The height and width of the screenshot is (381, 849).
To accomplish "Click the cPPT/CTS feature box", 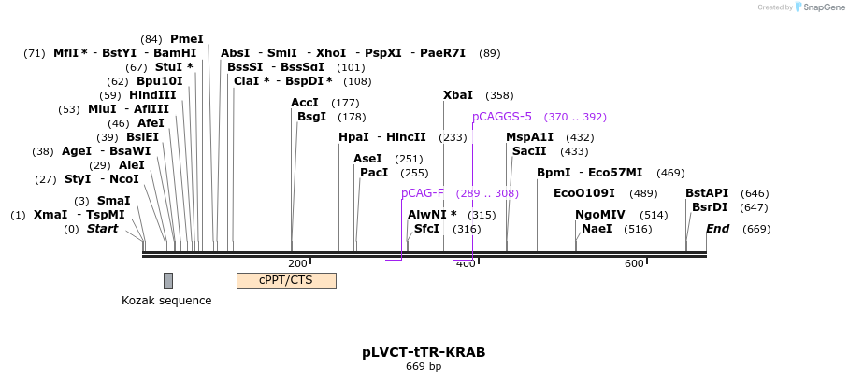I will coord(286,280).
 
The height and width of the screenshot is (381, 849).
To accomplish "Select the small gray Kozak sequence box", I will coord(168,280).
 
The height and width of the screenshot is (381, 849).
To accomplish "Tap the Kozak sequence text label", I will coord(166,301).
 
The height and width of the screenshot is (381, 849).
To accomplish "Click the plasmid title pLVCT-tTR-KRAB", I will coord(424,353).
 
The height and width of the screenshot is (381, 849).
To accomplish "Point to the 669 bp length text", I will coord(424,367).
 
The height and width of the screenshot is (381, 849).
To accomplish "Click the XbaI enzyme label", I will coord(458,95).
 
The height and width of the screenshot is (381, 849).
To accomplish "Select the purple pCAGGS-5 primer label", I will coord(502,117).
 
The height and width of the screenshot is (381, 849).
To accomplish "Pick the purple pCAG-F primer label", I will coord(423,193).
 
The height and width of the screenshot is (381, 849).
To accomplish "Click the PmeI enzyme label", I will coord(187,39).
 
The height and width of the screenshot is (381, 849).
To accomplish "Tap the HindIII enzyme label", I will coord(152,95).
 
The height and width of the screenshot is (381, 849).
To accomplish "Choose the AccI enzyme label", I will coord(305,103).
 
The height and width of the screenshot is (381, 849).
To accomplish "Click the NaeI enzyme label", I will coord(597,229).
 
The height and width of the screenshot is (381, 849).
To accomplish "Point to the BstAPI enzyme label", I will coord(707,193).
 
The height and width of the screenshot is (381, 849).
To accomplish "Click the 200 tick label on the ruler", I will coord(298,264).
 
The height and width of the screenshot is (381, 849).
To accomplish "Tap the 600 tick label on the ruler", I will coord(634,264).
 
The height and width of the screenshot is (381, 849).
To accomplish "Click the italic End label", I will coord(718,229).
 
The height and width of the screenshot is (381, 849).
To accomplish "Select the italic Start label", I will coord(103,229).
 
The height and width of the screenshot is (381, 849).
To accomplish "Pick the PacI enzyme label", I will coord(374,173).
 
